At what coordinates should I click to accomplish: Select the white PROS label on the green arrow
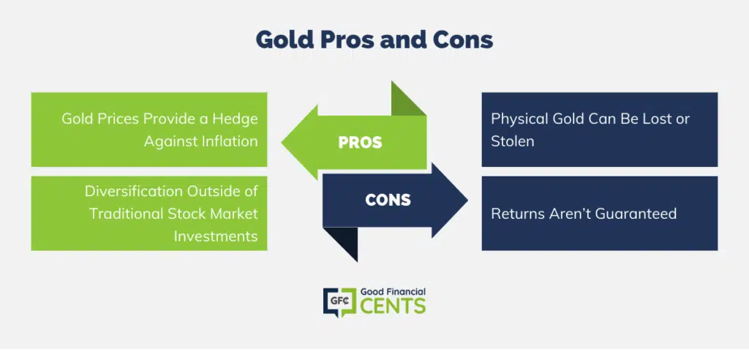(x=360, y=143)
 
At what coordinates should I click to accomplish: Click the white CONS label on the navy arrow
(x=388, y=200)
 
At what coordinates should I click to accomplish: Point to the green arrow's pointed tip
(x=282, y=143)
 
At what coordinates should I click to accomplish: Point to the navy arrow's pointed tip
(x=467, y=200)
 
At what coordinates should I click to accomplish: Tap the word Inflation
(x=228, y=141)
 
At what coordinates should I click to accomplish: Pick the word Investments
(x=216, y=236)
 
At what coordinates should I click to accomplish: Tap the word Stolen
(x=513, y=141)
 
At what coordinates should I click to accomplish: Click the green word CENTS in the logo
(x=393, y=306)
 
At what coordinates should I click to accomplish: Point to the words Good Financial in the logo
(x=393, y=291)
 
